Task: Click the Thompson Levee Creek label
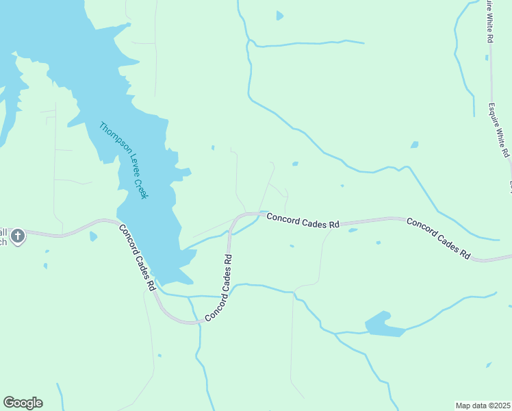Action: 124,161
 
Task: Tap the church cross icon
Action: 18,236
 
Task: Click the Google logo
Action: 23,403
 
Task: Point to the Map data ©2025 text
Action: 483,406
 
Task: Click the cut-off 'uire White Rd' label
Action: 489,21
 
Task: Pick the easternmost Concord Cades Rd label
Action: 438,238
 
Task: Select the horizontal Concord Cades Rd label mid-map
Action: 303,220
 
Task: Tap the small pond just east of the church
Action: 93,237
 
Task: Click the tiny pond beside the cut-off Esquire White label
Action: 415,145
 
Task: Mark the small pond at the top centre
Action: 279,15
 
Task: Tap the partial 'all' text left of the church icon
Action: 3,232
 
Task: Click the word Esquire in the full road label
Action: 496,115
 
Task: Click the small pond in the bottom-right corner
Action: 489,365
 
